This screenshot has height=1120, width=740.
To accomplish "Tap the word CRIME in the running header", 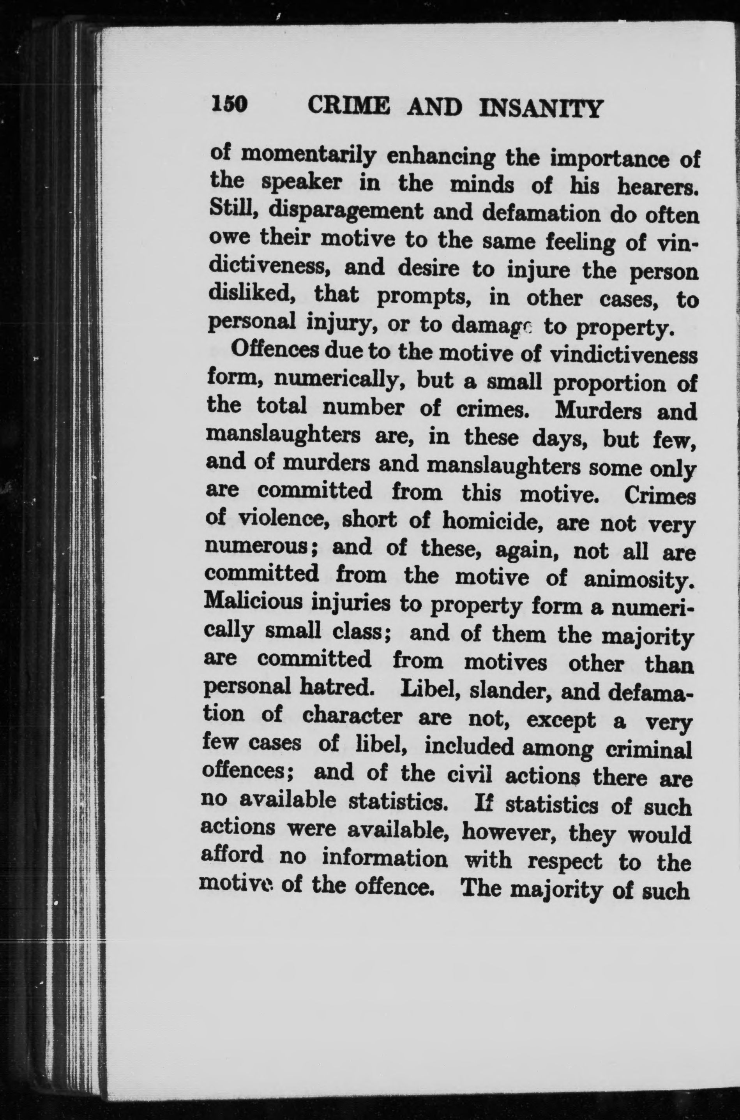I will click(349, 106).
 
